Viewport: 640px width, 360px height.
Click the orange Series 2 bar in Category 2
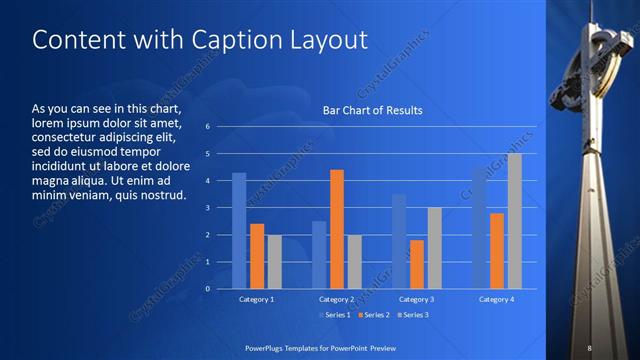(x=337, y=229)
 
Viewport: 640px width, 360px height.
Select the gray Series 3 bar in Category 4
(x=515, y=221)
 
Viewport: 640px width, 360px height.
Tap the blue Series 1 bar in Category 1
(x=239, y=230)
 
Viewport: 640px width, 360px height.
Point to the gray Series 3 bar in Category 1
(x=274, y=261)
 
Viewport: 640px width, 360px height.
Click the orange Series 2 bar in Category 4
(x=497, y=250)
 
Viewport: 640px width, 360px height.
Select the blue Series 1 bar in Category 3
(x=399, y=241)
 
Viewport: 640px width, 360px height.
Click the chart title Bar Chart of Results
(x=372, y=110)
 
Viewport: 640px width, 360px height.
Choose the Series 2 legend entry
(x=371, y=315)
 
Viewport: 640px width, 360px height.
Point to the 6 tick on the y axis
(x=207, y=127)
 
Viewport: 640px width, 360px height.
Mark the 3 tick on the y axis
(x=207, y=208)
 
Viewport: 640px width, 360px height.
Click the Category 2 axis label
(x=337, y=299)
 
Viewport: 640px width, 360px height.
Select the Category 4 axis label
(x=497, y=299)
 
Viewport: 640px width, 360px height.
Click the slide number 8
(x=589, y=347)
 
